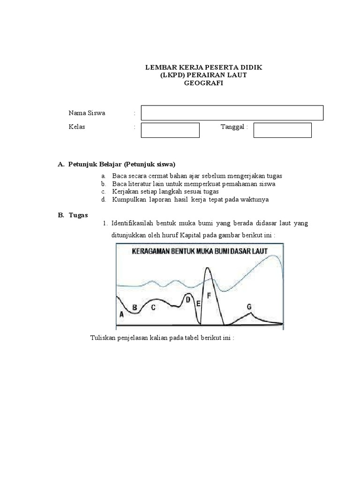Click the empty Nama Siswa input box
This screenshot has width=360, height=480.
coord(232,113)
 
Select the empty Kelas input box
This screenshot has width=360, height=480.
coord(170,130)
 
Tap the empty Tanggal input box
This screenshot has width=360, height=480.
coord(282,130)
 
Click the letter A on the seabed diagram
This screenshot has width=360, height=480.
coord(122,315)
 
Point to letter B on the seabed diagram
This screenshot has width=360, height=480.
coord(135,308)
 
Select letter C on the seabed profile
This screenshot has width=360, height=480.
coord(153,307)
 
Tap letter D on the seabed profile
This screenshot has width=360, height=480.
coord(188,300)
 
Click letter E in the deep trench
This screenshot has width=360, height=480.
coord(198,304)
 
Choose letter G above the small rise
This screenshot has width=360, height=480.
coord(249,307)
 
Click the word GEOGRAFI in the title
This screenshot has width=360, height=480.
coord(203,83)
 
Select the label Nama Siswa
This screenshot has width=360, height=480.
coord(87,113)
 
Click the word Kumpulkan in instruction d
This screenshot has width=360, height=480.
coord(127,200)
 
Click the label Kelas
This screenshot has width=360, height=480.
coord(77,127)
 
